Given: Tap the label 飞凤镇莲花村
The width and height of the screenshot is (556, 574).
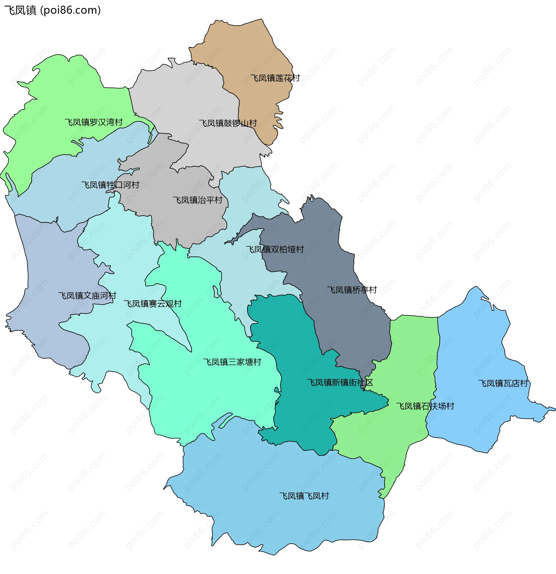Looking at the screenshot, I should pyautogui.click(x=275, y=78).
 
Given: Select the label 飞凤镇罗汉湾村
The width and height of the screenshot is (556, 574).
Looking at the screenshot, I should pyautogui.click(x=94, y=123).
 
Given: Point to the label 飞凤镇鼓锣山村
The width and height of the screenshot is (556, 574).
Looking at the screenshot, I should pyautogui.click(x=228, y=123).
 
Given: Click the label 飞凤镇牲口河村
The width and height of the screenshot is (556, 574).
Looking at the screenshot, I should pyautogui.click(x=110, y=185).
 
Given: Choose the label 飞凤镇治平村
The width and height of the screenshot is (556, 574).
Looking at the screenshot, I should pyautogui.click(x=197, y=200).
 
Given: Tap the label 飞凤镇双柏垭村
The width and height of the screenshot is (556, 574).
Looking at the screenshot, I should pyautogui.click(x=275, y=250).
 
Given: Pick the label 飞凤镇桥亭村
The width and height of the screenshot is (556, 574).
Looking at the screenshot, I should pyautogui.click(x=352, y=290).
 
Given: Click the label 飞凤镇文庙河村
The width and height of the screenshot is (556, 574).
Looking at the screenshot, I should pyautogui.click(x=87, y=296).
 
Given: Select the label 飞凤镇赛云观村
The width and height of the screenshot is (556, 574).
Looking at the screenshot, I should pyautogui.click(x=153, y=304).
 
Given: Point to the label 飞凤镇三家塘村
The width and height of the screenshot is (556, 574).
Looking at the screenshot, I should pyautogui.click(x=232, y=362).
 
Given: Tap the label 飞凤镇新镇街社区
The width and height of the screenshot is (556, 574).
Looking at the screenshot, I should pyautogui.click(x=340, y=383).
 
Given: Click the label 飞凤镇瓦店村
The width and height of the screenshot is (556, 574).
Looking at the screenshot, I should pyautogui.click(x=503, y=384).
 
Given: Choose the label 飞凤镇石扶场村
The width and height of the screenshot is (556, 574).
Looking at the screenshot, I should pyautogui.click(x=425, y=407).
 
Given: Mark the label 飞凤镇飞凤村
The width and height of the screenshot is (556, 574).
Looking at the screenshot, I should pyautogui.click(x=304, y=496).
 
